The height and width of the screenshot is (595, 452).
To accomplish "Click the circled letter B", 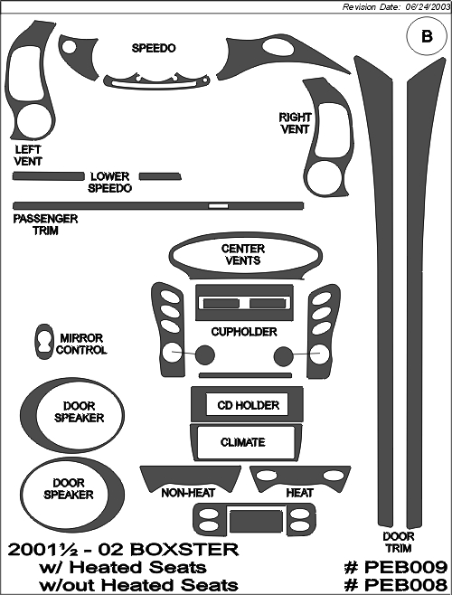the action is (x=427, y=36).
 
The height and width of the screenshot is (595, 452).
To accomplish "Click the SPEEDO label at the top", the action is (x=154, y=48).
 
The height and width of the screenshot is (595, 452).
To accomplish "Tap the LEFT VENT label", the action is (x=28, y=156).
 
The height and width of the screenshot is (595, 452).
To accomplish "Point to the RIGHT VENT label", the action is (x=295, y=123).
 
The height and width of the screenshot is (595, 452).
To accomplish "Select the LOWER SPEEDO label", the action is (x=110, y=182).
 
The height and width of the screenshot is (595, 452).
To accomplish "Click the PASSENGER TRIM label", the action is (x=45, y=224).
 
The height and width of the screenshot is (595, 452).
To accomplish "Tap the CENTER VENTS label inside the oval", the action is (x=243, y=255).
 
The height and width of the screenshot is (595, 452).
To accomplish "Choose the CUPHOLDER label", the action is (x=244, y=332).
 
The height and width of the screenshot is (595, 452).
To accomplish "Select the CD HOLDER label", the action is (x=249, y=405).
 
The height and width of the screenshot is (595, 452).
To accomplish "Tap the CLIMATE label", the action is (x=243, y=442).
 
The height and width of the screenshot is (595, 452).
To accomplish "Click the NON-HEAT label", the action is (x=188, y=493).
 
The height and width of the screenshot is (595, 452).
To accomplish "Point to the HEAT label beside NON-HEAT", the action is (x=300, y=493).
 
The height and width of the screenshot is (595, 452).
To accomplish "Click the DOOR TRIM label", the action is (x=399, y=543).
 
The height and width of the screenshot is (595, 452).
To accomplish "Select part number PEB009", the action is (x=396, y=567).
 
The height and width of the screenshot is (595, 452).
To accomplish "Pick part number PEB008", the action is (x=396, y=585).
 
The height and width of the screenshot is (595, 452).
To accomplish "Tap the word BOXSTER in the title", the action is (x=187, y=550).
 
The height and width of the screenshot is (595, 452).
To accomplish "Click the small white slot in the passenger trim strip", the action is (x=219, y=206).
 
